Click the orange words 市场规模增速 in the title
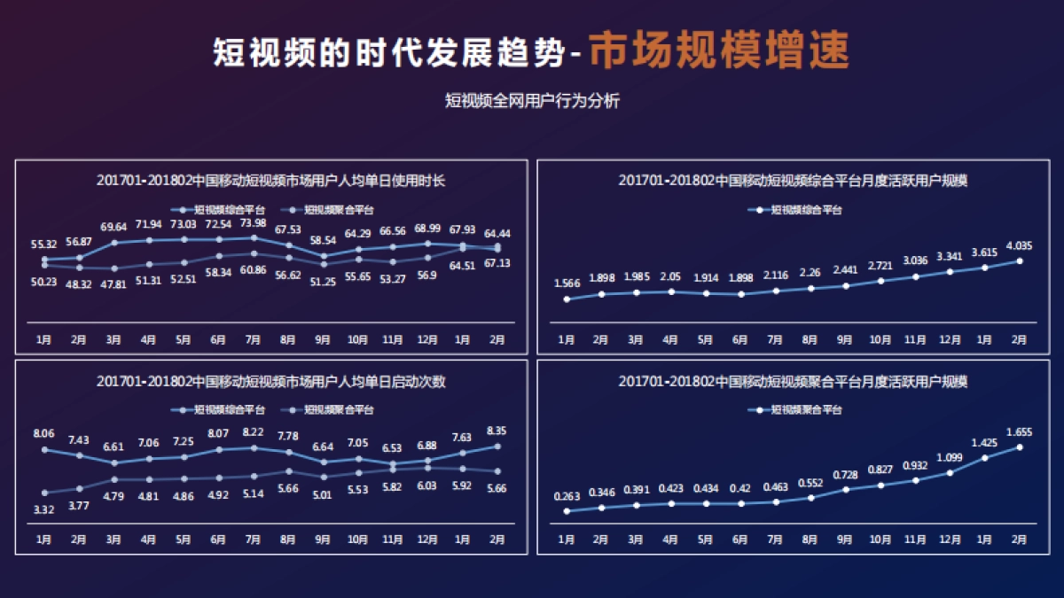pos(719,51)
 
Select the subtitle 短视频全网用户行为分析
pos(532,101)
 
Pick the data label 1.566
pos(567,283)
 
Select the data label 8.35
pos(497,431)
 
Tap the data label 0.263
pos(567,496)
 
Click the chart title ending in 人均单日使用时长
pos(270,181)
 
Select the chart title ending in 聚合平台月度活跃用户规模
pos(793,382)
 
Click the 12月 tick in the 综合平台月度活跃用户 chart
pos(950,339)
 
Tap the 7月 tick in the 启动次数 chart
pos(254,540)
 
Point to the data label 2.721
pos(880,265)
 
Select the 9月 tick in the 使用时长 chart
pos(323,339)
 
